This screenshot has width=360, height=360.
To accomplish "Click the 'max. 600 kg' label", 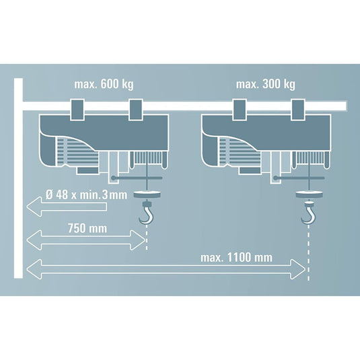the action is pos(104,85).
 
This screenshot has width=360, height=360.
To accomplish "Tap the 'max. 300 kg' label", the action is pos(266,85).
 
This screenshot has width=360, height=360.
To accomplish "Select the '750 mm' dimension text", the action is pos(87,228).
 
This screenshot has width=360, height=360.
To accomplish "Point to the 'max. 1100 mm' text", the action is pos(236,258).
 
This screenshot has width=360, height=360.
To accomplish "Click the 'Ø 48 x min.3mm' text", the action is pos(86,195).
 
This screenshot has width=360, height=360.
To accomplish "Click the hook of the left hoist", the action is pos(146,213).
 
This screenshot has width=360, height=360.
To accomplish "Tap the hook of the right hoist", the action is pos(308,213).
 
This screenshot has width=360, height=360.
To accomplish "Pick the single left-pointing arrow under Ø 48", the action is pos(67,207).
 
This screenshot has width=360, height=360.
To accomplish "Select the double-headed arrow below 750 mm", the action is pos(86,240).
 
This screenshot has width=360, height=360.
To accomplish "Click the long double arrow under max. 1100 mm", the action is pos(166,269).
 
